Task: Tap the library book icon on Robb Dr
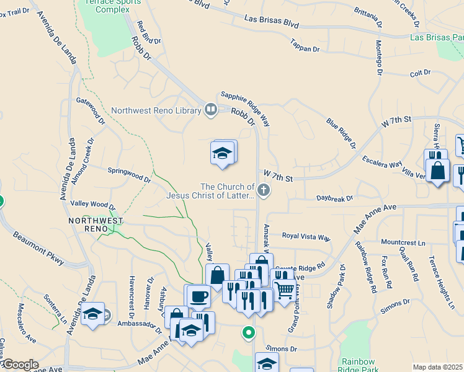[x=211, y=110]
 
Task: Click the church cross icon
[x=264, y=190]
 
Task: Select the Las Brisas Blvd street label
[x=272, y=23]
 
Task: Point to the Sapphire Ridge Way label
[x=246, y=99]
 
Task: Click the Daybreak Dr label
[x=334, y=198]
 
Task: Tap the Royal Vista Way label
[x=306, y=236]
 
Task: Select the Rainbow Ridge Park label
[x=358, y=365]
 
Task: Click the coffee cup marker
[x=199, y=296]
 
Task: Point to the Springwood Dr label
[x=129, y=175]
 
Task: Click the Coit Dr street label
[x=420, y=73]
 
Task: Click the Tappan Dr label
[x=305, y=45]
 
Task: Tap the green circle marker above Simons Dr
[x=248, y=334]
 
